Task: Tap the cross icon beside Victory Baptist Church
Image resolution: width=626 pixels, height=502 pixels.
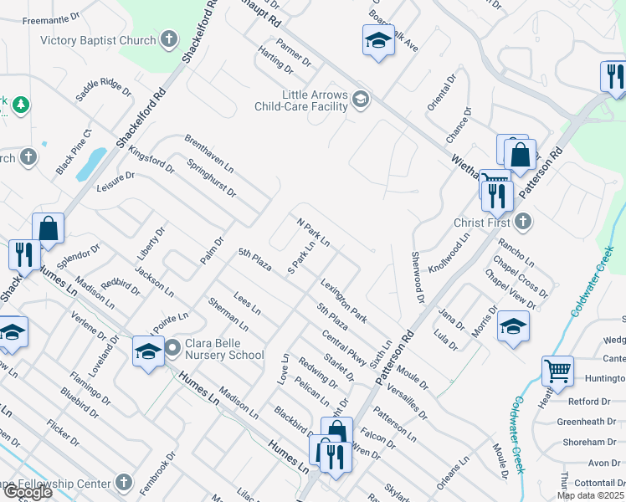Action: pyautogui.click(x=168, y=39)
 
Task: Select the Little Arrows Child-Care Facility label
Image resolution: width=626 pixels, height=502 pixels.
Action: pyautogui.click(x=301, y=100)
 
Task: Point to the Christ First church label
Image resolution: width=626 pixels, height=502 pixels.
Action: pyautogui.click(x=481, y=223)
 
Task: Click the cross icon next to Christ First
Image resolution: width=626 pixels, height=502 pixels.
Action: pyautogui.click(x=522, y=222)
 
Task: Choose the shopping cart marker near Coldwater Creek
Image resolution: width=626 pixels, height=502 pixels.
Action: pyautogui.click(x=557, y=370)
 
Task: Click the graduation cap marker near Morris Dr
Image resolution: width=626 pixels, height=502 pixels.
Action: pyautogui.click(x=512, y=326)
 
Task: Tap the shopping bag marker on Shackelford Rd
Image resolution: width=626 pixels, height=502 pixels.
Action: pyautogui.click(x=49, y=228)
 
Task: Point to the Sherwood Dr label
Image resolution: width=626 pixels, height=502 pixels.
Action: pyautogui.click(x=415, y=273)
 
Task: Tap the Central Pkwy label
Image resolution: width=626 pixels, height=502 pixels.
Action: pyautogui.click(x=344, y=349)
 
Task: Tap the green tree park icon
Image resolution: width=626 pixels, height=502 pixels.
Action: pyautogui.click(x=18, y=105)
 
